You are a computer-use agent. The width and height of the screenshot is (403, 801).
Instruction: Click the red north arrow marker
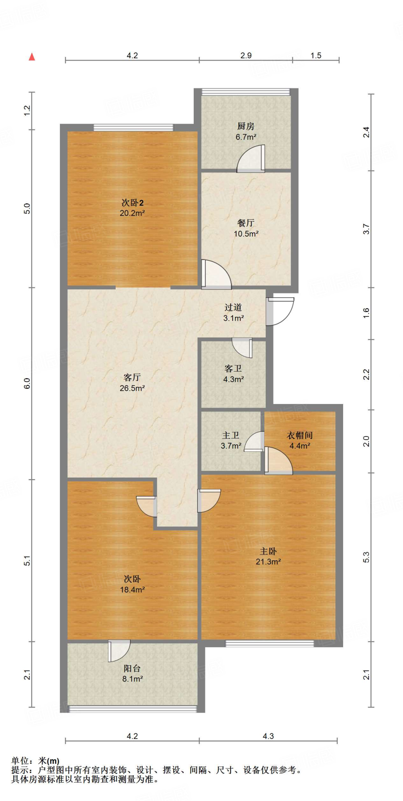[32, 57]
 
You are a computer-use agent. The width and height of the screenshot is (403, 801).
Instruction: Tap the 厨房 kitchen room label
[246, 126]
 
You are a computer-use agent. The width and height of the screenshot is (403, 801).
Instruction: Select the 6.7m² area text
[246, 137]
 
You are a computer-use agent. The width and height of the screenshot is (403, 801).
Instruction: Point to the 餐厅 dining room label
[246, 223]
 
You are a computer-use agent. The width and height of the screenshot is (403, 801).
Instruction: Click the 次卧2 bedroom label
[132, 203]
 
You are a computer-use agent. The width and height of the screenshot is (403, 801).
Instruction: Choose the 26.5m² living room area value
[132, 388]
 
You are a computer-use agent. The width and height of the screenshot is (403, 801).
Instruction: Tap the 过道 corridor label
[233, 307]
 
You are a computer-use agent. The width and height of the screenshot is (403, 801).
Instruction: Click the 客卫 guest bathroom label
[233, 368]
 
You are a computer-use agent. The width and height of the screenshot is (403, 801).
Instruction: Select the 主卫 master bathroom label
[230, 435]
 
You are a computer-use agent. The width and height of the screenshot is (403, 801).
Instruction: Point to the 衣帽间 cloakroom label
[300, 435]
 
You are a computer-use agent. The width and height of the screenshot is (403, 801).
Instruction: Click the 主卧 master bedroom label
[268, 551]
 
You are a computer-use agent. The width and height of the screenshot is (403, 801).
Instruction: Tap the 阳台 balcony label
[132, 668]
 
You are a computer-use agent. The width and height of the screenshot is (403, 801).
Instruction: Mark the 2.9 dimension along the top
[246, 56]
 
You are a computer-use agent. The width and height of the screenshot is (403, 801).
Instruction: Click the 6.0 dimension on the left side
[27, 383]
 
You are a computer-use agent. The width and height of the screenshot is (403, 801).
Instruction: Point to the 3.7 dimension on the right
[366, 229]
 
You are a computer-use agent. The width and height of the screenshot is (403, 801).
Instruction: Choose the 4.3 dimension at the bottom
[268, 736]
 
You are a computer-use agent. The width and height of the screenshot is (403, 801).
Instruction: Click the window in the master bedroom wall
[270, 643]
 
